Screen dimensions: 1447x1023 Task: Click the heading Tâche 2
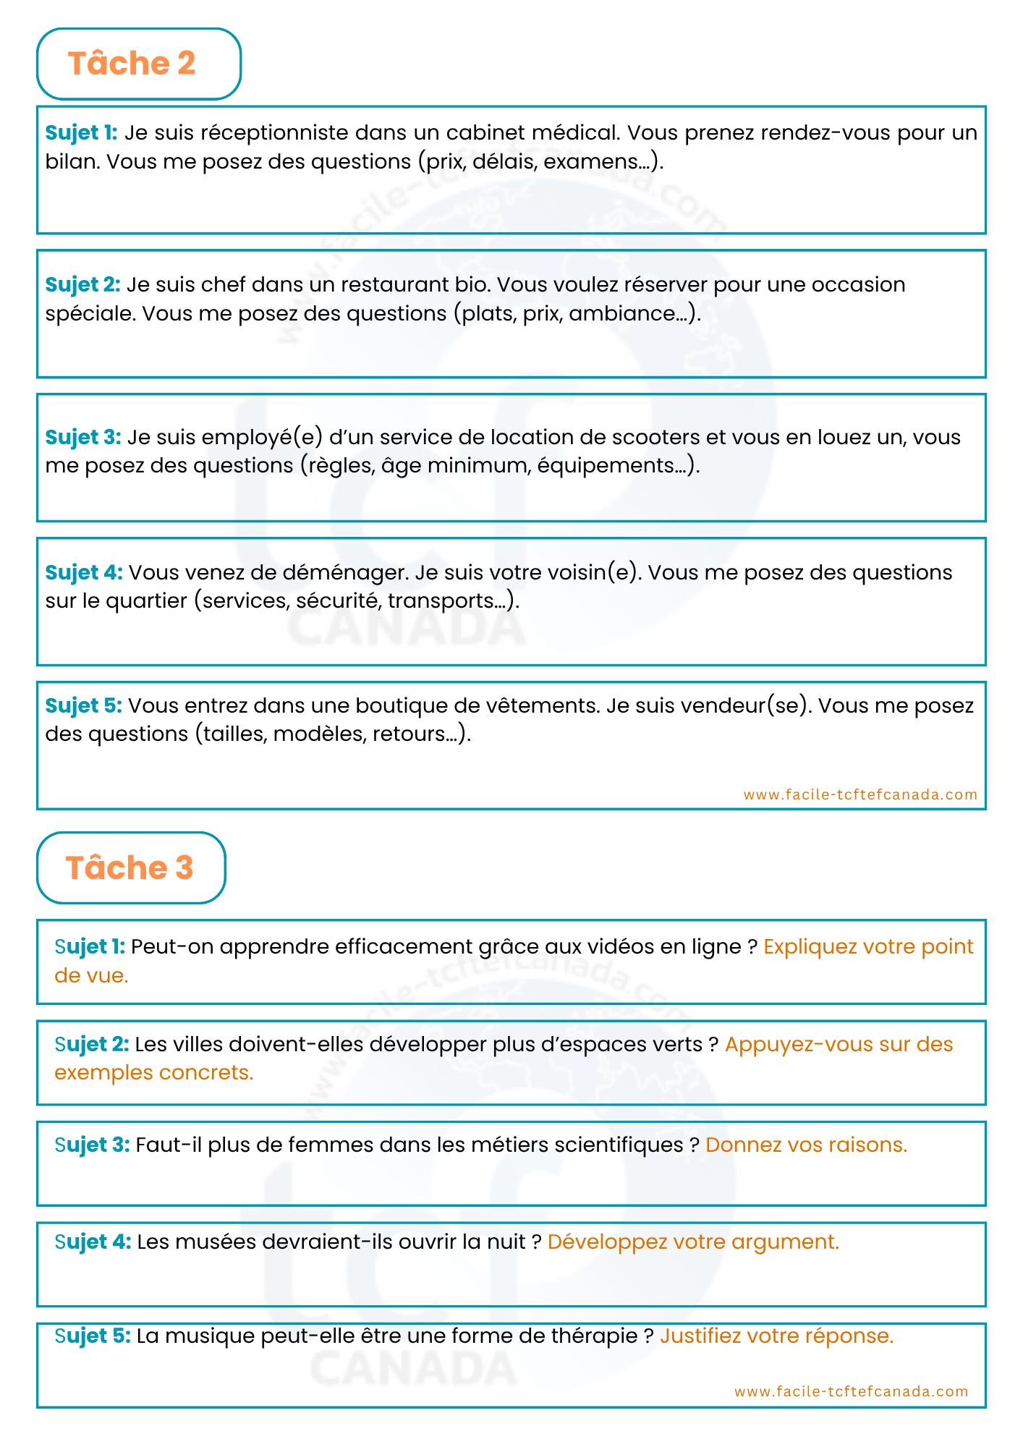point(132,64)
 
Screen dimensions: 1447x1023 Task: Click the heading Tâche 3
point(130,867)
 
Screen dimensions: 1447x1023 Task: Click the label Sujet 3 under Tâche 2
point(82,438)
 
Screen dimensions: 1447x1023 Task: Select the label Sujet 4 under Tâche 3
point(93,1242)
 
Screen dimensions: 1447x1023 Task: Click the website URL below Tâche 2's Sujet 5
point(860,794)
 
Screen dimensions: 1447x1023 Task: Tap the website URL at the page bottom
point(851,1391)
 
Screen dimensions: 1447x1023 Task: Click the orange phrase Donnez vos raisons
point(806,1145)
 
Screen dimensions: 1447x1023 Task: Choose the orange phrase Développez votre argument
point(693,1242)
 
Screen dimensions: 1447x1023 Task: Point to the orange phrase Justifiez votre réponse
point(776,1336)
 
